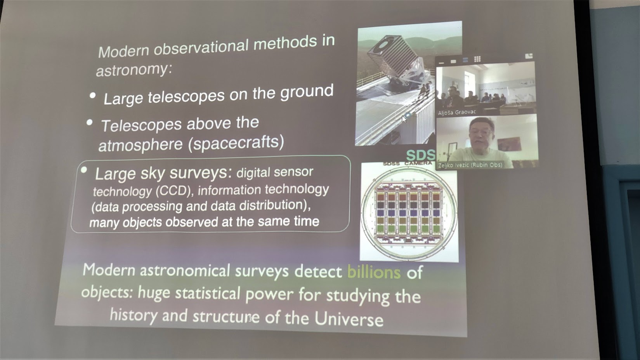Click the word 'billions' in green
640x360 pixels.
click(374, 272)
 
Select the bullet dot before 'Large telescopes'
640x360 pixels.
click(92, 96)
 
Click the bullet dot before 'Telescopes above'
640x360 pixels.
click(89, 122)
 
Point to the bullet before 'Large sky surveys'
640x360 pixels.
click(84, 170)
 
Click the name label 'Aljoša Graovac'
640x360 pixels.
click(457, 112)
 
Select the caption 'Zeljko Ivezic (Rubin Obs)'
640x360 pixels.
click(470, 165)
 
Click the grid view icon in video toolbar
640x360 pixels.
click(477, 59)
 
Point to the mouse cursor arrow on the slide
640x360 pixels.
click(404, 119)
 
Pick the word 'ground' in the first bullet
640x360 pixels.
click(307, 92)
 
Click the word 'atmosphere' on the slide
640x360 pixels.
click(140, 144)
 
